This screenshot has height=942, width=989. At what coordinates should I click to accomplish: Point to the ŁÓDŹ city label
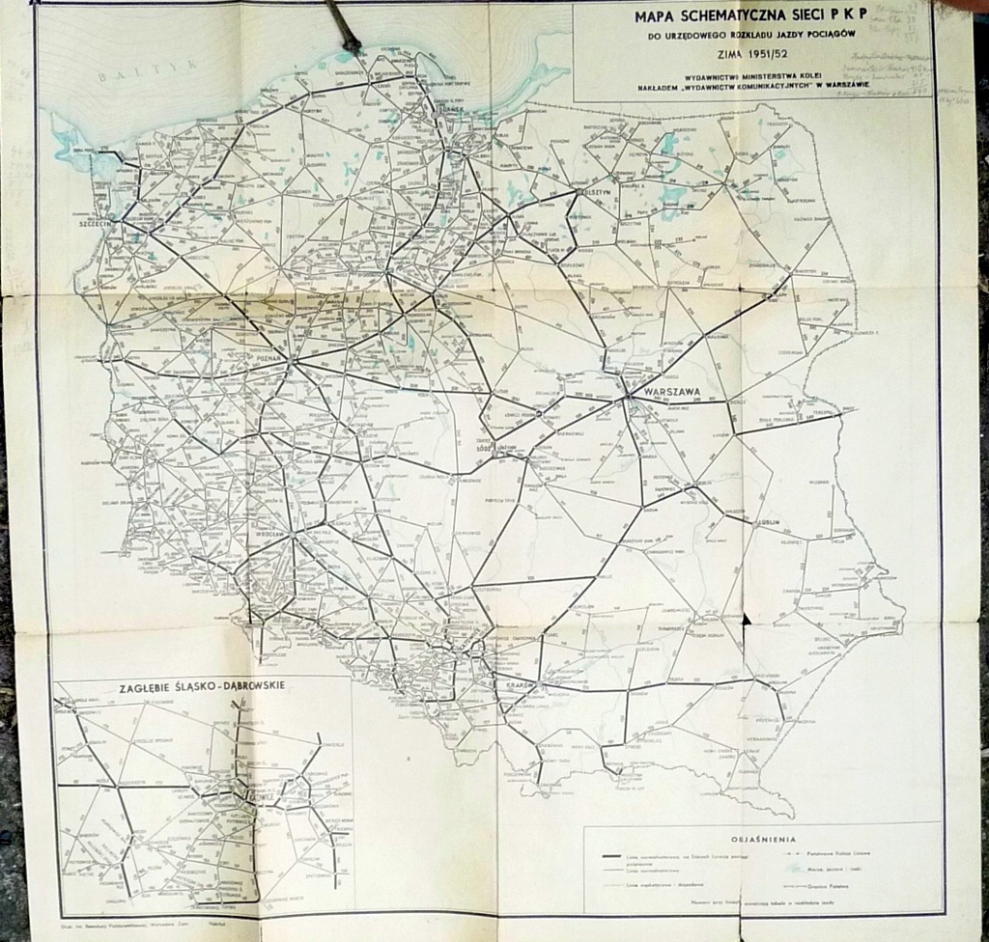[x=484, y=447]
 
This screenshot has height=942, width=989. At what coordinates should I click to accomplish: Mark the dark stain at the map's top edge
[x=343, y=27]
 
